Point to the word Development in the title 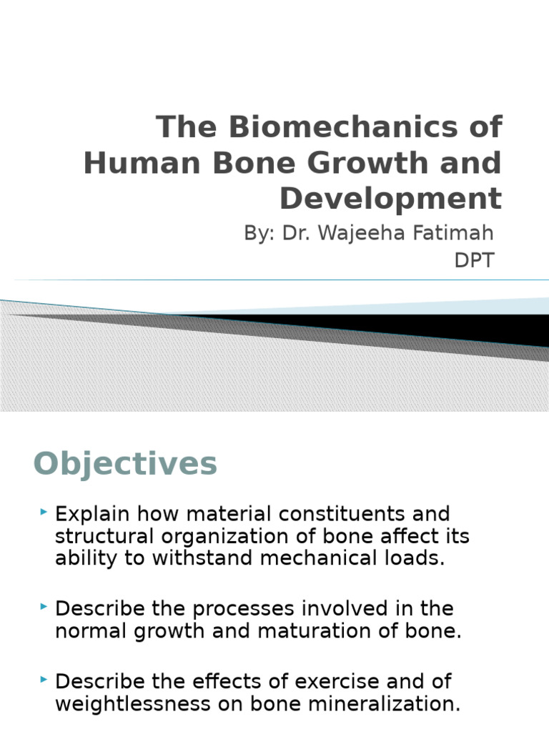[390, 198]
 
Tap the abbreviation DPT [474, 260]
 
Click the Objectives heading [125, 464]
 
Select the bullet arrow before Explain [44, 513]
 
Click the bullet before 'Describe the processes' [44, 607]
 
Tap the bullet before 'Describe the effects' [44, 680]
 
